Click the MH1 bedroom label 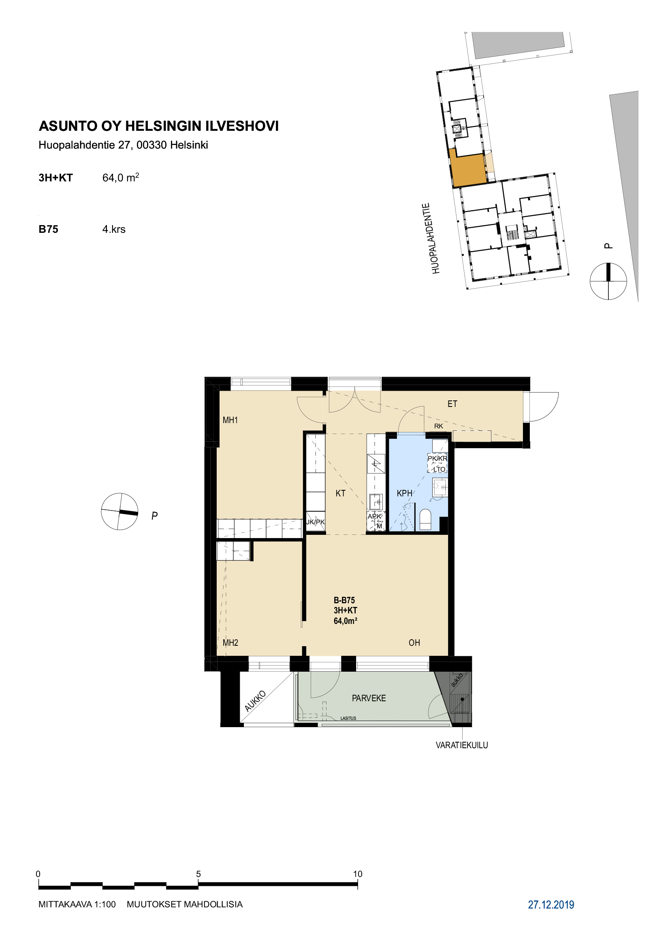[230, 420]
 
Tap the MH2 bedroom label [230, 643]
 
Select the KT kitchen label [340, 493]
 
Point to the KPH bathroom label [404, 493]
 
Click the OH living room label [414, 643]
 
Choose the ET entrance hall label [452, 404]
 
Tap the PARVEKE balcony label [369, 698]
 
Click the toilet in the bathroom [425, 519]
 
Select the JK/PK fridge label [315, 522]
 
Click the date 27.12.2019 [551, 905]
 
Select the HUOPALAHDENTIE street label [431, 238]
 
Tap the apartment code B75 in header [48, 229]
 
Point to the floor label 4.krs [114, 229]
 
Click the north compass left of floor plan [119, 511]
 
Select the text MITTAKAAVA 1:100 [77, 904]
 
